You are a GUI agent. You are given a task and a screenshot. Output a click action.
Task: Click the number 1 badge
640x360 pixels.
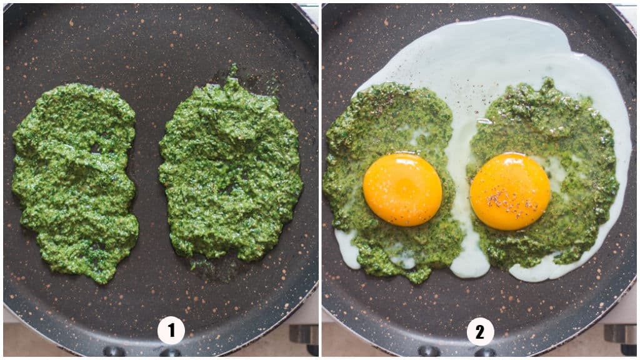point(171,331)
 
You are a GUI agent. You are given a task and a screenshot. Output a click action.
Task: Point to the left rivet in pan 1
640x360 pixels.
point(114,351)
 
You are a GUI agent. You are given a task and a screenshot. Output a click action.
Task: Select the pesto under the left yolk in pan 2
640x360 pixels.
point(400,244)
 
